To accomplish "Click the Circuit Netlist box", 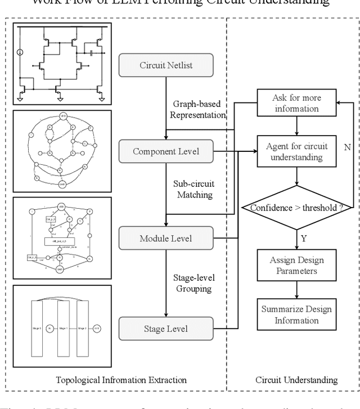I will click(x=166, y=66).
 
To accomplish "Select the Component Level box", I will click(x=166, y=151).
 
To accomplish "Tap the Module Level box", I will click(x=166, y=239).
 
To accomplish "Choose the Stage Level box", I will click(x=166, y=328).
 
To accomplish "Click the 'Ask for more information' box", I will click(x=296, y=103).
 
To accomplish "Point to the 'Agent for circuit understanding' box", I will click(x=296, y=151).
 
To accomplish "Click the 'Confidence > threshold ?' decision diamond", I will click(x=296, y=208).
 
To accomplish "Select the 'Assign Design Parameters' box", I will click(x=296, y=265).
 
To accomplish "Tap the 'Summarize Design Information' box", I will click(x=296, y=315).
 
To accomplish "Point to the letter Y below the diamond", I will click(x=304, y=238).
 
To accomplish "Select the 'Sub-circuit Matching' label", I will click(x=192, y=189).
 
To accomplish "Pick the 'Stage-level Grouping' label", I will click(x=193, y=283).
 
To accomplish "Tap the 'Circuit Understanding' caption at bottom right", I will click(x=296, y=380).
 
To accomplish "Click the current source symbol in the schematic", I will click(x=20, y=53).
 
